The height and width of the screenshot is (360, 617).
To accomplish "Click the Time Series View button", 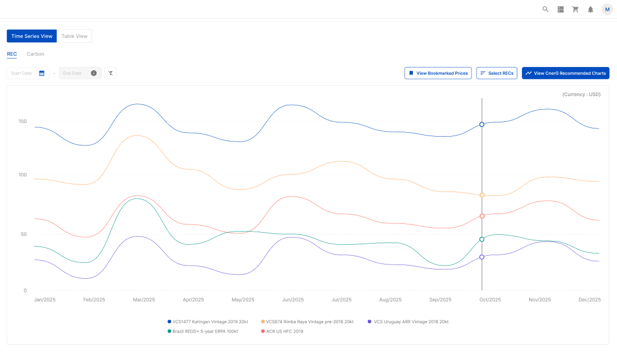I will click(32, 36).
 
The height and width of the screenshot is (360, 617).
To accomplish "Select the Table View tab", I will click(74, 36).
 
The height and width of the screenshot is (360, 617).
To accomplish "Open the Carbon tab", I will click(36, 54).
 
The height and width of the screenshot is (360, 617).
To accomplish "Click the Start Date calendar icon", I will click(42, 73).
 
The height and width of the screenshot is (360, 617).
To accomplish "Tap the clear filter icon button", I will click(110, 73).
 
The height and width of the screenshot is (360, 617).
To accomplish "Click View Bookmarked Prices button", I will click(437, 73).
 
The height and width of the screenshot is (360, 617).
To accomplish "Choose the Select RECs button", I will click(496, 73).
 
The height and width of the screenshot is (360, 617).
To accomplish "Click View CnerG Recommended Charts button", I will click(565, 73).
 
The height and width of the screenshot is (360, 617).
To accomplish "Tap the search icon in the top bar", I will click(546, 9).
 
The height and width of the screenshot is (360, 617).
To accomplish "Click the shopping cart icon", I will click(575, 9).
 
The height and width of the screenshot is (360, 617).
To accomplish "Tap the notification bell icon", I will click(591, 9).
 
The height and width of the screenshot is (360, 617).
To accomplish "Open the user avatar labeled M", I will click(607, 9).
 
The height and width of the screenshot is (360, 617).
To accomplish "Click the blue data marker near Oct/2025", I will click(482, 125).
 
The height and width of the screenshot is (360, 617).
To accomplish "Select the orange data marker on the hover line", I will click(482, 195).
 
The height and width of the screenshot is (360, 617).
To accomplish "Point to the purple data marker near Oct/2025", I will click(482, 257).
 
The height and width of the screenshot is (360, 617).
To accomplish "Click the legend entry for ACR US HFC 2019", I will click(284, 331).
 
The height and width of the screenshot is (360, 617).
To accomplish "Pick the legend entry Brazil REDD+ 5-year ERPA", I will click(205, 331).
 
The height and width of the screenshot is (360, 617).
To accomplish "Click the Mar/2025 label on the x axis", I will click(144, 300).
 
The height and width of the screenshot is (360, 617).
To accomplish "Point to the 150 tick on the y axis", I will click(23, 121).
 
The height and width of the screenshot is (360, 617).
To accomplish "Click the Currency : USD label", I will click(581, 94).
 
